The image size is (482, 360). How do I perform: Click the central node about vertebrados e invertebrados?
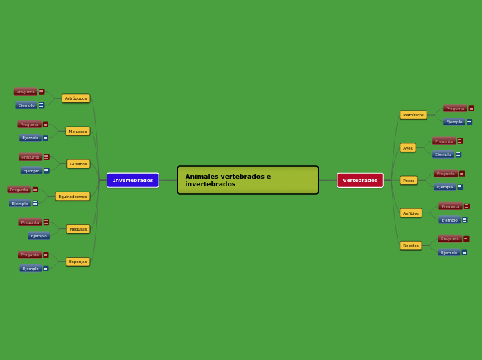click(x=247, y=180)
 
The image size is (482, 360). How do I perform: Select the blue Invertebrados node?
click(x=132, y=180)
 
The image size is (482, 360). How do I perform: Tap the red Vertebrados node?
click(x=360, y=180)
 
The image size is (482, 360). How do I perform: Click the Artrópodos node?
click(x=75, y=98)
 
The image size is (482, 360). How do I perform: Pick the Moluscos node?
click(x=78, y=131)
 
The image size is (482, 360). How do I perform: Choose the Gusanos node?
click(x=78, y=164)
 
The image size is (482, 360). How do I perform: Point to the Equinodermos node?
click(x=73, y=197)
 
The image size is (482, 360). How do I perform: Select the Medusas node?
click(x=78, y=229)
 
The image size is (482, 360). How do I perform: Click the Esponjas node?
click(x=78, y=262)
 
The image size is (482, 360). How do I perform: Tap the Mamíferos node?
click(x=413, y=115)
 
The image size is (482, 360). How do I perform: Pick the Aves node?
click(x=408, y=147)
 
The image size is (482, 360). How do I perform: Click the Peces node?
click(x=409, y=181)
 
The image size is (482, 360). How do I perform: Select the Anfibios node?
click(x=411, y=213)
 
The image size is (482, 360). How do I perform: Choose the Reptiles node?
click(x=411, y=246)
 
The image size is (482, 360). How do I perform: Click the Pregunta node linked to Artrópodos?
click(x=26, y=91)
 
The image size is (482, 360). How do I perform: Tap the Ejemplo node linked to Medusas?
click(x=39, y=236)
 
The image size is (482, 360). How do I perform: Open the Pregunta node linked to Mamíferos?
click(x=455, y=108)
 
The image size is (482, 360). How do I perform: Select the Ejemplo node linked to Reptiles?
click(x=449, y=253)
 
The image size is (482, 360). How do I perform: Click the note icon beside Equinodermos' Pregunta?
click(x=35, y=190)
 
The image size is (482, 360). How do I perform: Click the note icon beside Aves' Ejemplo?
click(x=458, y=154)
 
